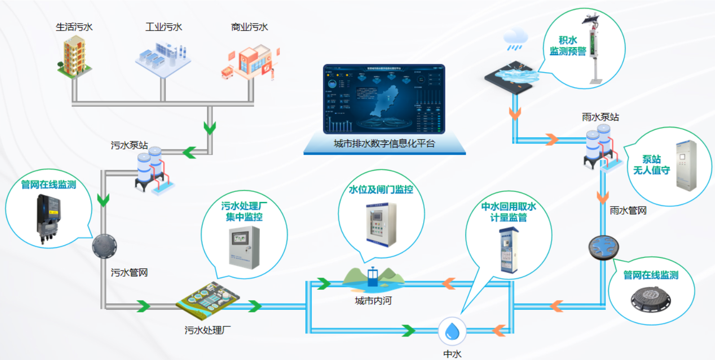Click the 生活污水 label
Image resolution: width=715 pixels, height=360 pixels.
74,27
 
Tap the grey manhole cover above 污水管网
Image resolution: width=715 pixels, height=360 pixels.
104,245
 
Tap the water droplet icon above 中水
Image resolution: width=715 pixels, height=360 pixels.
452,331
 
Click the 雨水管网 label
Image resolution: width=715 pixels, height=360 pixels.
628,211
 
